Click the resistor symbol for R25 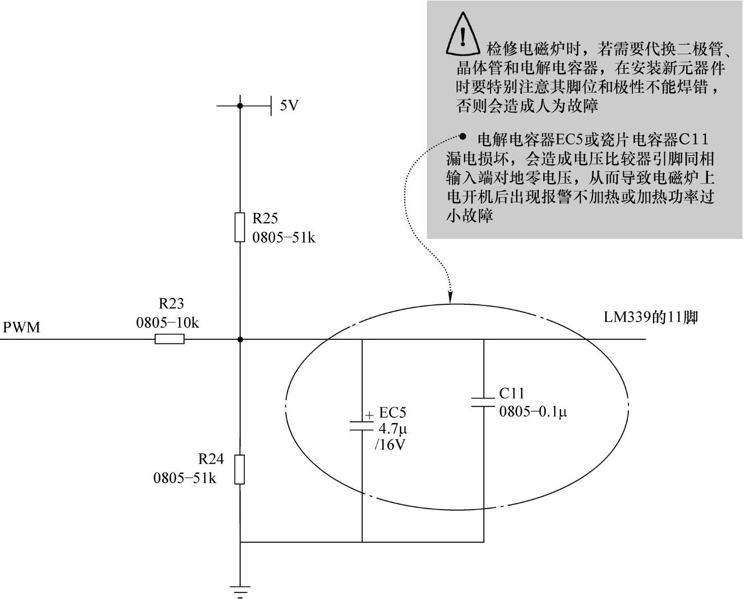click(240, 227)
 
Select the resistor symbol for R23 click(169, 339)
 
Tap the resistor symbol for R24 click(240, 469)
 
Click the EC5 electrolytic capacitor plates click(362, 426)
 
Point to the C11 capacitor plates click(483, 402)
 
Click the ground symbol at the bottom click(240, 590)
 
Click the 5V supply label click(289, 105)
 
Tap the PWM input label click(21, 327)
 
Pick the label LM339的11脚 click(651, 318)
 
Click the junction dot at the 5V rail click(240, 105)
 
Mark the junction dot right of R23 click(240, 339)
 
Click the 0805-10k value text click(167, 323)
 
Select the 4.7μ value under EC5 click(393, 429)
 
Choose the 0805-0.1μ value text click(533, 411)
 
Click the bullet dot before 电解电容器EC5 click(463, 136)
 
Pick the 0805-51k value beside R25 click(284, 237)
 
